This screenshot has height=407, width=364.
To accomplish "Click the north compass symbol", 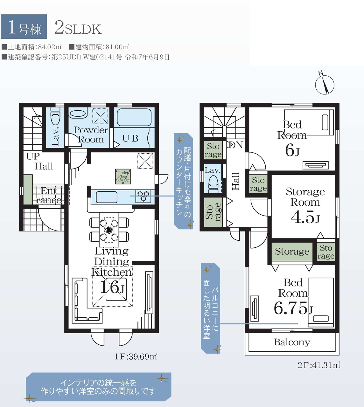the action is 325,85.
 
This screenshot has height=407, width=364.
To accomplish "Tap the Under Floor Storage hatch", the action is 123,176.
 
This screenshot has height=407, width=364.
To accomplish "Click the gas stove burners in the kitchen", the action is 143,196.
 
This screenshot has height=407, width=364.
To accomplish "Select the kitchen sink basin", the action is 107,197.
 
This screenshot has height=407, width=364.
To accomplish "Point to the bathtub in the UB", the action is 134,117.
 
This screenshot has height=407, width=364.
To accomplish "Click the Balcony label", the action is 292,342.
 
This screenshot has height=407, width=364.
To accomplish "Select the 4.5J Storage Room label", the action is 305,205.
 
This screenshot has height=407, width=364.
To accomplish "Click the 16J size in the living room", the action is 112,287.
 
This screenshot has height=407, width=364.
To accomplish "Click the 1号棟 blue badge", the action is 24,26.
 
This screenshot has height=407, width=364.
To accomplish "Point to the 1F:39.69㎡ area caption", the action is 136,357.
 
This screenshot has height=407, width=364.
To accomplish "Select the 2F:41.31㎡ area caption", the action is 319,365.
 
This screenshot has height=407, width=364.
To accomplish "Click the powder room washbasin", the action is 79,114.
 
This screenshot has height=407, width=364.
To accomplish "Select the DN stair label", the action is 236,145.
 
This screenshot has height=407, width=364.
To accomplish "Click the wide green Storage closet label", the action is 292,251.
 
